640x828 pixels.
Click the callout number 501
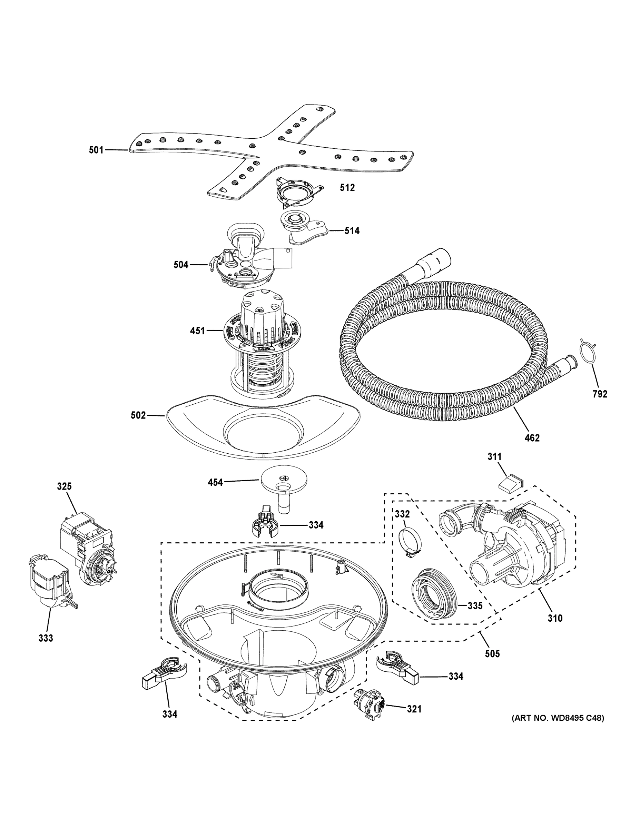coord(96,150)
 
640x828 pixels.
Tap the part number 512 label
coord(347,187)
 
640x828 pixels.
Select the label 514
coord(352,230)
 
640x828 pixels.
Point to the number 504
coord(181,265)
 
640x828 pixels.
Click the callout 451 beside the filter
coord(197,331)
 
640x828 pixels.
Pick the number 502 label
coord(138,415)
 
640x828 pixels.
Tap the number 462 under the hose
coord(532,438)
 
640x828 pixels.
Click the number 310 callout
coord(555,618)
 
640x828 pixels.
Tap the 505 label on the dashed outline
coord(492,653)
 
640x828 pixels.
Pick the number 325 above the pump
coord(64,486)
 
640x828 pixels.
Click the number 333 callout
coord(46,638)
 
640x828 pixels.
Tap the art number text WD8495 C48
coord(557,718)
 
